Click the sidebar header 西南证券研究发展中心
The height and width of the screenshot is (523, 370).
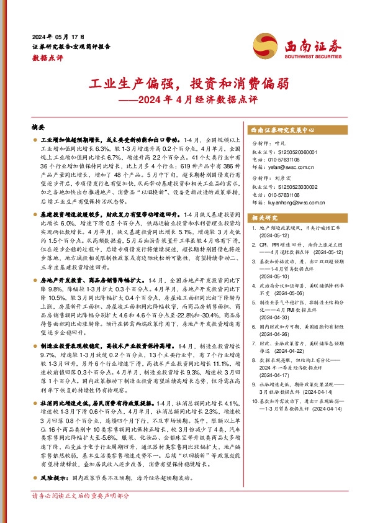[282, 130]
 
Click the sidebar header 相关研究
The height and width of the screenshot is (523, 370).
[262, 217]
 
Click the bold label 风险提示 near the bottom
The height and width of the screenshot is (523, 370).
[53, 479]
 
